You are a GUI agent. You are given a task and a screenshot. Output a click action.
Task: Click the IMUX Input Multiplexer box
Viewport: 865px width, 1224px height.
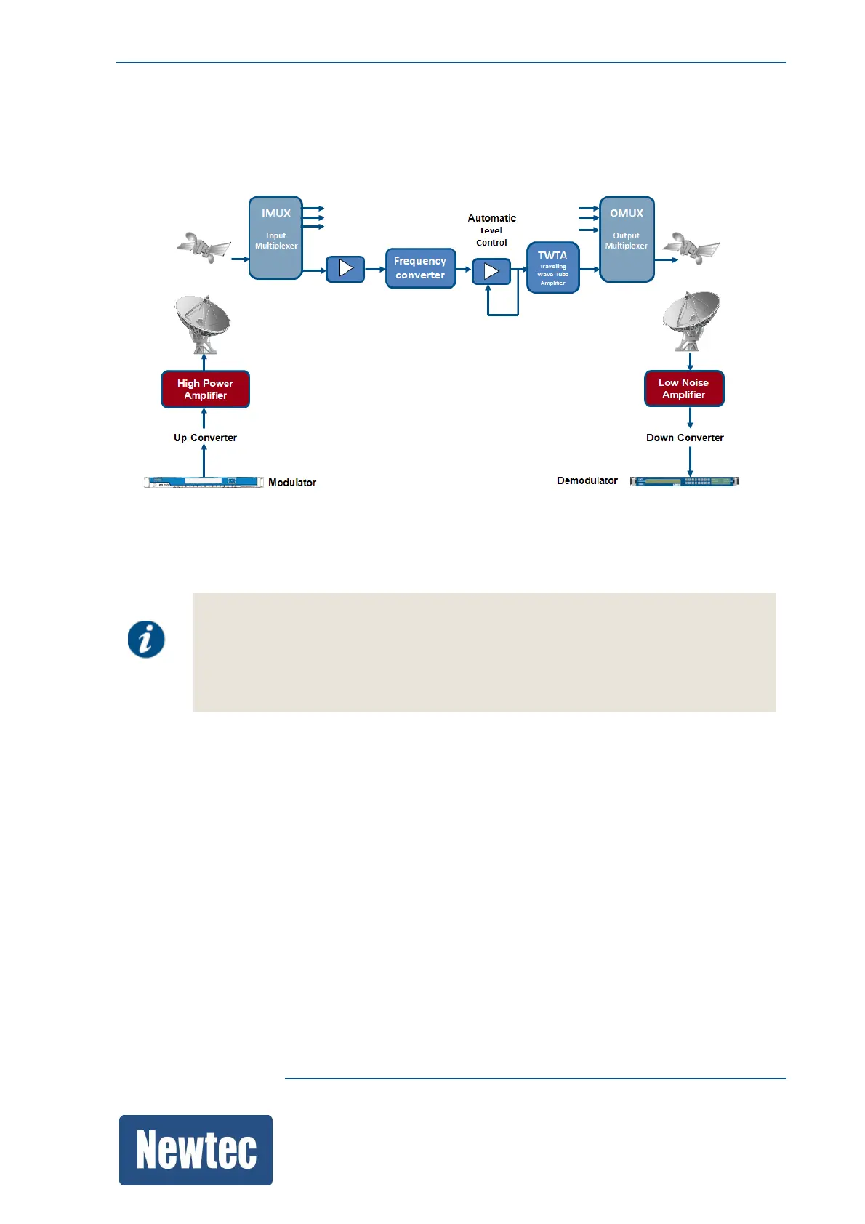(x=275, y=238)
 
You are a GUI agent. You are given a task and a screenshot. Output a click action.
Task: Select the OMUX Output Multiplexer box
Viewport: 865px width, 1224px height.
(x=627, y=238)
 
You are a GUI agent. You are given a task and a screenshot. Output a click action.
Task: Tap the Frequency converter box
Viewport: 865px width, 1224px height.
(x=420, y=268)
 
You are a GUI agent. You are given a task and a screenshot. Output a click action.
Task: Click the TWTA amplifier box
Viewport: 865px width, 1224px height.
(x=552, y=267)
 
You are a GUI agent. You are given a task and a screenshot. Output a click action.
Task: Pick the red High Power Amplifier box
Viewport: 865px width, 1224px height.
(x=205, y=390)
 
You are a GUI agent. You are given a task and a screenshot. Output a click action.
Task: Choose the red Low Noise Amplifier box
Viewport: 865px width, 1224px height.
(x=684, y=389)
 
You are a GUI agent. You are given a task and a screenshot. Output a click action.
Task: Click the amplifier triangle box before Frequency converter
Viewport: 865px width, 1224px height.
(x=345, y=269)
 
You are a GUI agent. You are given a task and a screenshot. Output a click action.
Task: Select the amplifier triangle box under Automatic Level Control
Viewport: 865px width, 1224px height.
(x=491, y=272)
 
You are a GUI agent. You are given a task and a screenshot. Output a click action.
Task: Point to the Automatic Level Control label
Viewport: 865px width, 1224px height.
(x=492, y=230)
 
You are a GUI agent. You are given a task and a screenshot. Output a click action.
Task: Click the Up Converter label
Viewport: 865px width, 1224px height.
(x=205, y=438)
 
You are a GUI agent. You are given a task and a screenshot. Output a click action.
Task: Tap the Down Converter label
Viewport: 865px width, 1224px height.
(x=685, y=438)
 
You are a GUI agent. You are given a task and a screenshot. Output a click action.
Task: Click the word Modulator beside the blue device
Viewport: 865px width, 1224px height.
(x=292, y=483)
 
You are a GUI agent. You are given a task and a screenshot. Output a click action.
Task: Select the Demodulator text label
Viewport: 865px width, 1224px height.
(x=587, y=480)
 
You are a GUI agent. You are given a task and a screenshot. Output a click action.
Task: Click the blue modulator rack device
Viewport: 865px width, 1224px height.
(x=204, y=482)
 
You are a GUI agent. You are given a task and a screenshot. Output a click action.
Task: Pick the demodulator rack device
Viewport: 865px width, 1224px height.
(x=685, y=481)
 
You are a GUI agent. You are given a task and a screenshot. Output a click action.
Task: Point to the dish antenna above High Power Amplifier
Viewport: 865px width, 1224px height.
(x=203, y=322)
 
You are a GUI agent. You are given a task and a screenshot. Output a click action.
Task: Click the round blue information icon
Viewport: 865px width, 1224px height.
(x=146, y=640)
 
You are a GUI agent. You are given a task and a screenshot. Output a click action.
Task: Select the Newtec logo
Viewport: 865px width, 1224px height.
(x=196, y=1150)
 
